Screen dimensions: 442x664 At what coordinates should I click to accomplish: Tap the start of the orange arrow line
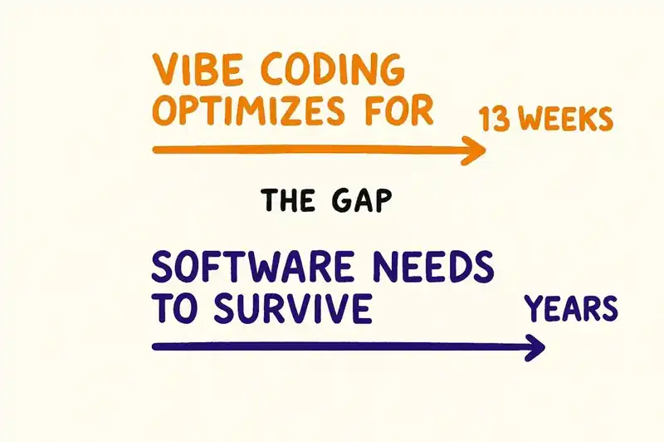(156, 150)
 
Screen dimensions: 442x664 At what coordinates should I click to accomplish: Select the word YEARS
(572, 309)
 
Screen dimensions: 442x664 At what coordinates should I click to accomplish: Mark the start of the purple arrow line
(156, 346)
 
